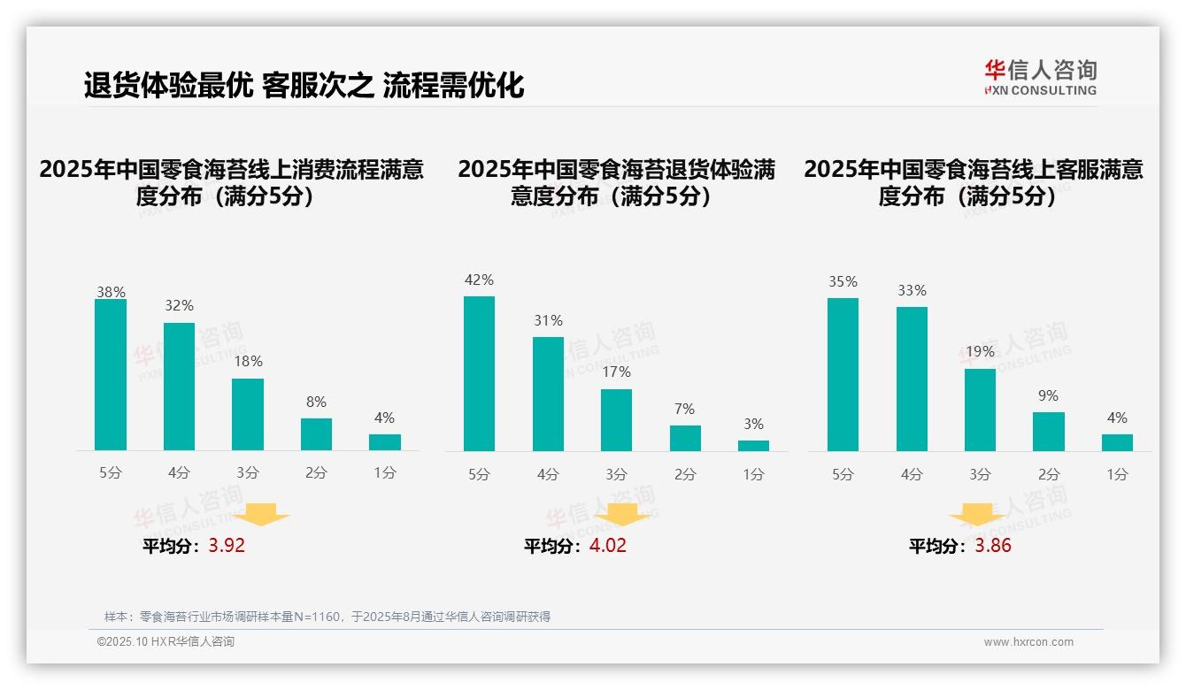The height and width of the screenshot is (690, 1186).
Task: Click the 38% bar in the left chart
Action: [x=111, y=375]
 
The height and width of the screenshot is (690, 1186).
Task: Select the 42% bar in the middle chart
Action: [x=479, y=373]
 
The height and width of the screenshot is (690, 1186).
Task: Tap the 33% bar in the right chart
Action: [x=912, y=379]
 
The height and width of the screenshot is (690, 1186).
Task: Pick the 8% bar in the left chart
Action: [x=316, y=434]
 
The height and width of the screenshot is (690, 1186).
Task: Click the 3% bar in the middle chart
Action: [x=753, y=446]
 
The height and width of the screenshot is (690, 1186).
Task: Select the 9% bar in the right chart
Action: [x=1048, y=432]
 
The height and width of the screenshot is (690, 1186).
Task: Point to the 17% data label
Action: [x=616, y=372]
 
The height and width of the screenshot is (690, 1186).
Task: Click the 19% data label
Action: [x=980, y=351]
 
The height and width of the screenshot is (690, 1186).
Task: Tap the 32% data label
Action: [x=179, y=306]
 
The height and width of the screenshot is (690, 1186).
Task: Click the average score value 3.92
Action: [x=227, y=546]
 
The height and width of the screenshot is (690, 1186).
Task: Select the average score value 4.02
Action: [x=607, y=546]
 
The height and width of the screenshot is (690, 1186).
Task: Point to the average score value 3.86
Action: [x=992, y=546]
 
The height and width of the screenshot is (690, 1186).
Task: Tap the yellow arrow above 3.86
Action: [x=977, y=516]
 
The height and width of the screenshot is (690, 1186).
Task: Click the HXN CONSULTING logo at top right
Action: [x=1040, y=78]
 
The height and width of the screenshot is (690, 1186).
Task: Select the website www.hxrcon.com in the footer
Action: [x=1028, y=642]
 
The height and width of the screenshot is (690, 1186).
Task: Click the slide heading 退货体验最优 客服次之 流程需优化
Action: [x=304, y=86]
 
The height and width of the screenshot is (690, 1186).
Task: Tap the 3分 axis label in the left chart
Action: [x=247, y=473]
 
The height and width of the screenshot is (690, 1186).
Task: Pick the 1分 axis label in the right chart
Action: [x=1117, y=475]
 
